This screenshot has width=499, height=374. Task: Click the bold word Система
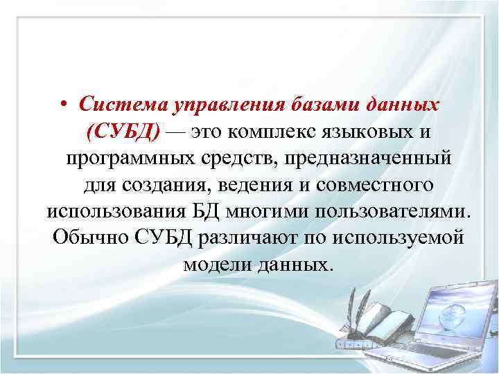[x=115, y=105]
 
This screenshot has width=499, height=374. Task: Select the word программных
[x=130, y=157]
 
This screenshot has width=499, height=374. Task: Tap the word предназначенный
[x=355, y=157]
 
